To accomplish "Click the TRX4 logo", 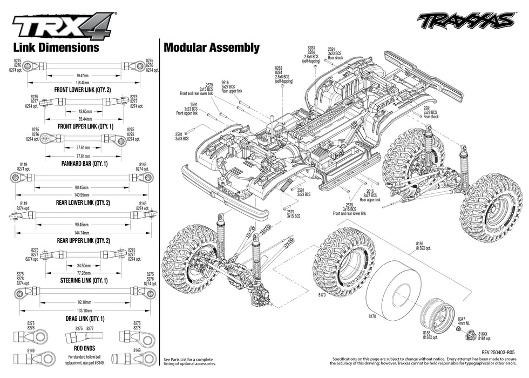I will [63, 25].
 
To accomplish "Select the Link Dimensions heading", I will [56, 48].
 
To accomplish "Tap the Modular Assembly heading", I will [212, 48].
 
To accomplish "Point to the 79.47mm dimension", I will [83, 75].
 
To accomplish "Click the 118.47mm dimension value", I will [83, 83].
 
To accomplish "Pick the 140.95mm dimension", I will [83, 195].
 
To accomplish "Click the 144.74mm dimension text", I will [83, 232].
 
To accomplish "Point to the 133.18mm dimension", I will [83, 311].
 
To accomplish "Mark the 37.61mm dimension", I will [83, 147].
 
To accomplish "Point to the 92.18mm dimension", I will [83, 303].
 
